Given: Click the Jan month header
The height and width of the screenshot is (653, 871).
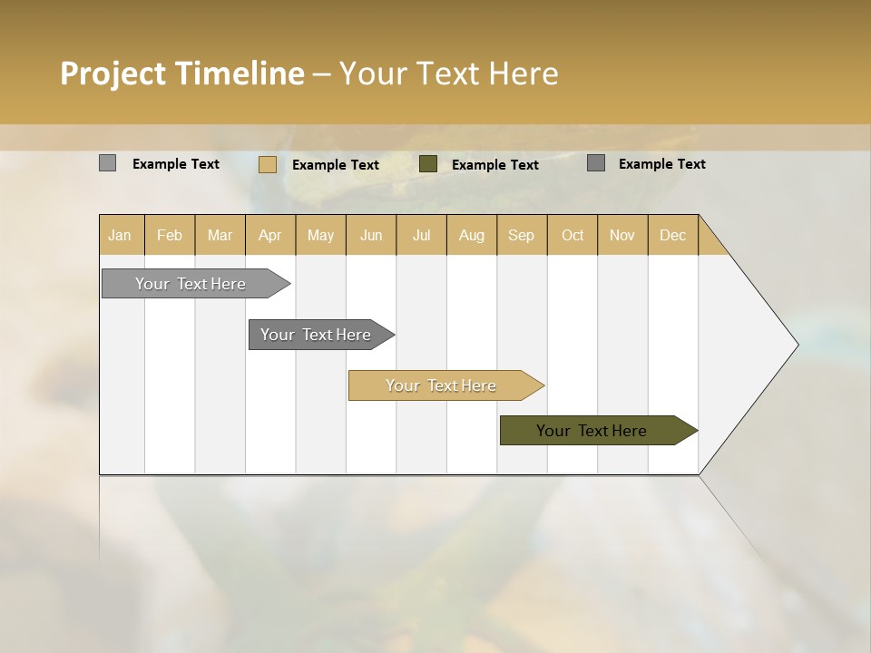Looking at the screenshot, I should pyautogui.click(x=120, y=235).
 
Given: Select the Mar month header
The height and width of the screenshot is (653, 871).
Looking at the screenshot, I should pyautogui.click(x=220, y=235).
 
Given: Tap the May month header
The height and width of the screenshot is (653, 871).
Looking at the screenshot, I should pyautogui.click(x=320, y=235).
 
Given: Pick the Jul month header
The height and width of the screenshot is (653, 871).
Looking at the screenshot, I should pyautogui.click(x=421, y=235).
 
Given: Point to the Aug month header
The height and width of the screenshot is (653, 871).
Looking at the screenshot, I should pyautogui.click(x=471, y=235).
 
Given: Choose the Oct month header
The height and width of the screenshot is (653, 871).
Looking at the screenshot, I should pyautogui.click(x=573, y=235).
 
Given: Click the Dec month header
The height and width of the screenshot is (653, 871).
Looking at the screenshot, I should pyautogui.click(x=672, y=235).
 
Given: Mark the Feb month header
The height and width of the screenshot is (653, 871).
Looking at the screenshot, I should pyautogui.click(x=170, y=235).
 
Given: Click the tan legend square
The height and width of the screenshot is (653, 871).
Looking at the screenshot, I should pyautogui.click(x=267, y=164).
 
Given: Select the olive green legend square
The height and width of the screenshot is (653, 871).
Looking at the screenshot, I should pyautogui.click(x=428, y=164).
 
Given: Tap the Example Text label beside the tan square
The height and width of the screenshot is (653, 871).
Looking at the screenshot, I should pyautogui.click(x=335, y=165).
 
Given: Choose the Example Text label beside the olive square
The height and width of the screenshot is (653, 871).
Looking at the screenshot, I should pyautogui.click(x=494, y=165).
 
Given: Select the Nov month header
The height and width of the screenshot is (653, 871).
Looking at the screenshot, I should pyautogui.click(x=621, y=235).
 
